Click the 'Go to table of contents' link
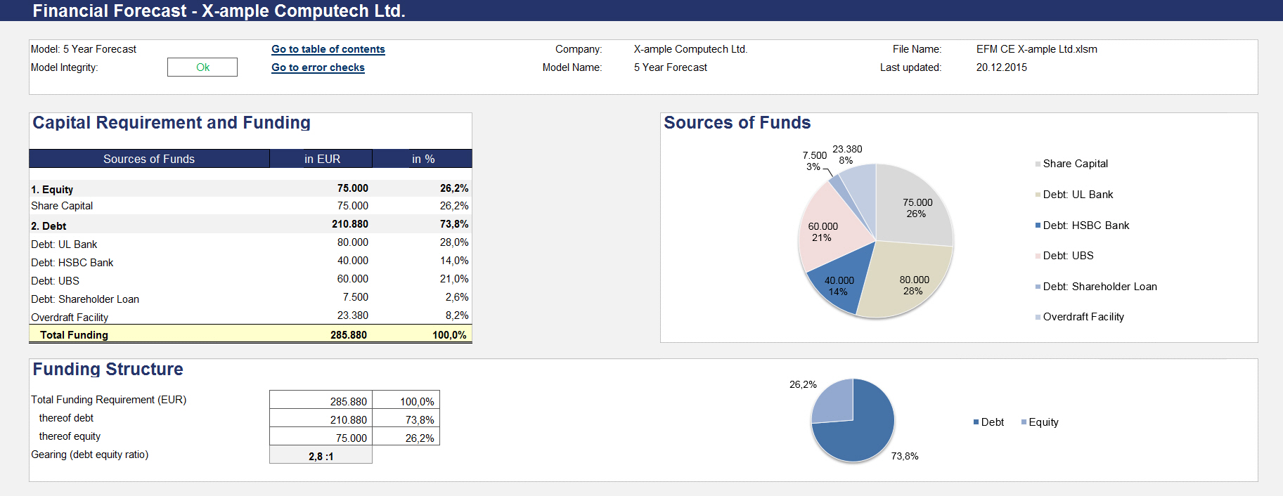[328, 49]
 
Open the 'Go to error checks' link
[318, 67]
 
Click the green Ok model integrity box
[202, 67]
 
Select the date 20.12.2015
[1001, 67]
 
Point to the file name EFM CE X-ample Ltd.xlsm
[1036, 49]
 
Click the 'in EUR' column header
[322, 159]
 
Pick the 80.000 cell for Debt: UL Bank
[352, 242]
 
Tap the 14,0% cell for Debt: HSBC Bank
[453, 261]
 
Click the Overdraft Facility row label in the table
[70, 318]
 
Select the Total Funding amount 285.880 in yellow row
[348, 335]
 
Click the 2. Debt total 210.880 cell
[349, 224]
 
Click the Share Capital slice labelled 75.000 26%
[916, 208]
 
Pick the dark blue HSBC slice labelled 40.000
[838, 286]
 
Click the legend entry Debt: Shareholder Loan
[1100, 287]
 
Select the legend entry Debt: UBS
[1068, 256]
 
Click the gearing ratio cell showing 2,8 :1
[321, 457]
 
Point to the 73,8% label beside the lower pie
[904, 456]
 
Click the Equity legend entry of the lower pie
[1043, 422]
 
